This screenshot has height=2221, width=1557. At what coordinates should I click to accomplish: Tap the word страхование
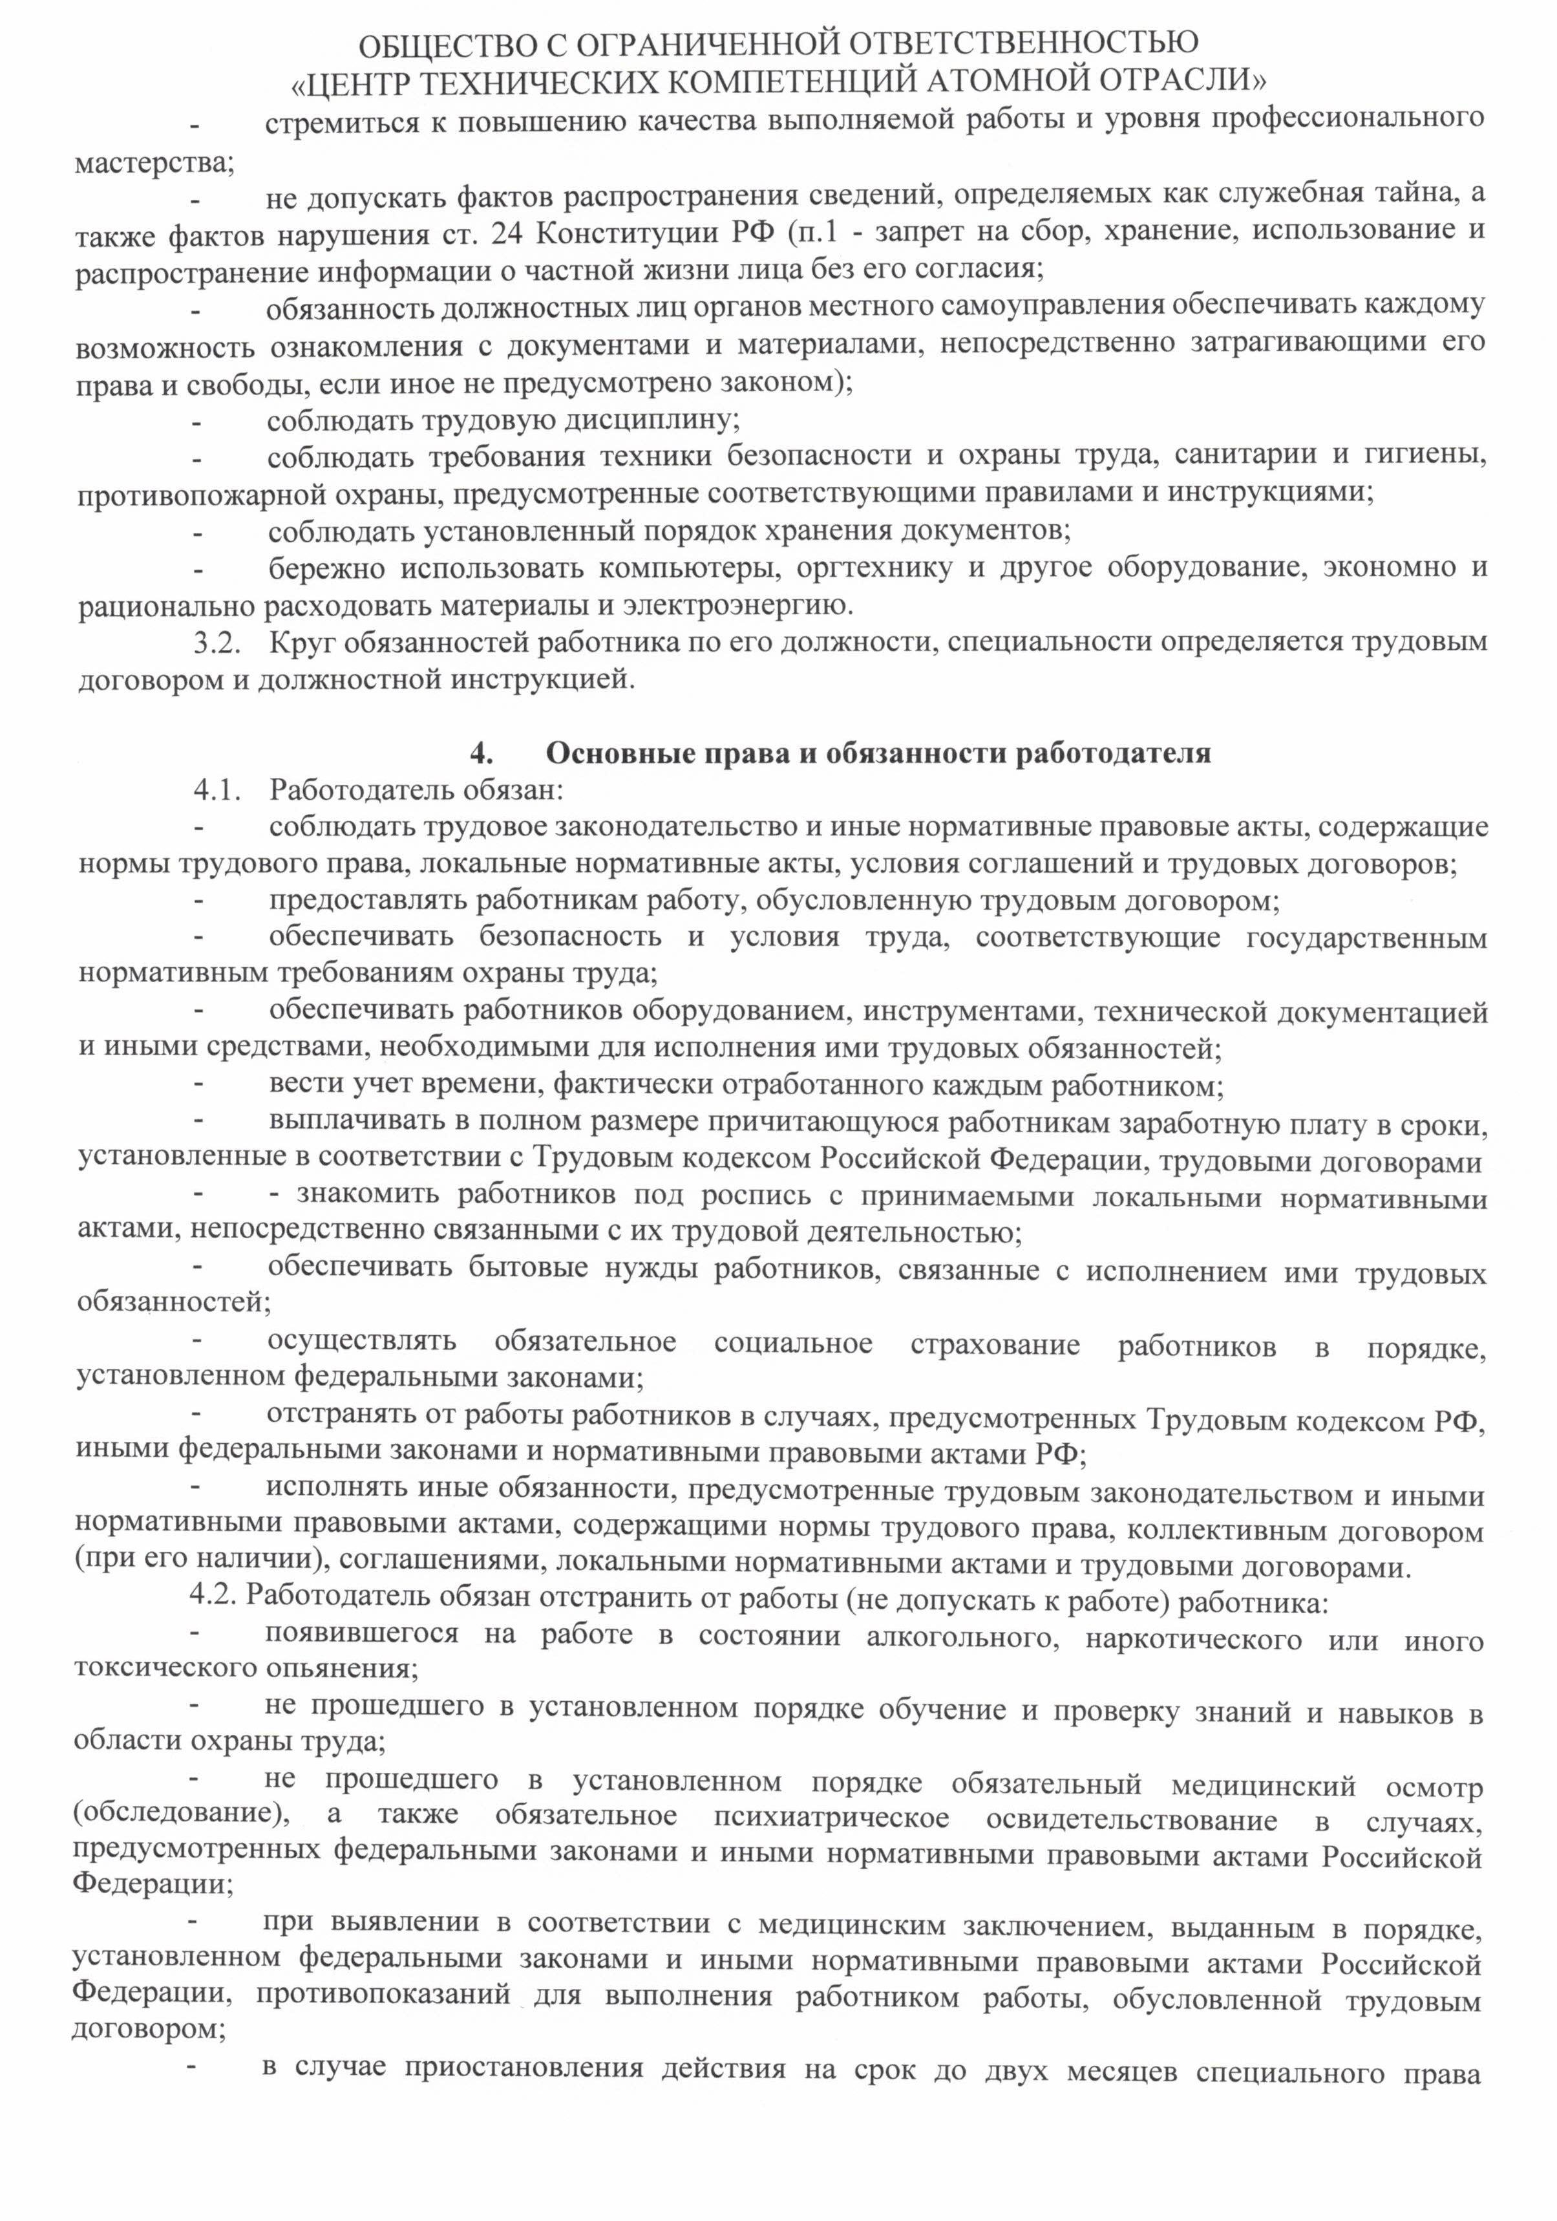tap(994, 1346)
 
